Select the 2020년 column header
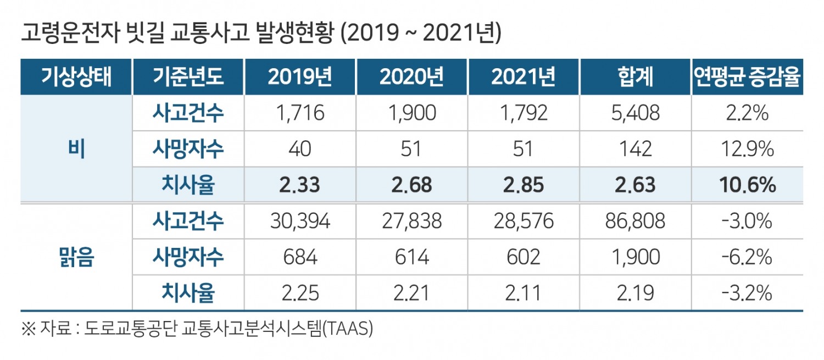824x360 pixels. point(411,77)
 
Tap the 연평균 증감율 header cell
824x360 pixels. point(747,77)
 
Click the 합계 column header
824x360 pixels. point(636,77)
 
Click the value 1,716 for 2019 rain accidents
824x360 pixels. point(300,113)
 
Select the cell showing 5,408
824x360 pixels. point(636,113)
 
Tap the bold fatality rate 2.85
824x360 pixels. point(523,185)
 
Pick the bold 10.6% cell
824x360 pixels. point(747,185)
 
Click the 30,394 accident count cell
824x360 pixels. point(300,221)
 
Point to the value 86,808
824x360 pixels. point(636,221)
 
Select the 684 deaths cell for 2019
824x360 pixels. point(300,257)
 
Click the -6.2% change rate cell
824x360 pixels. point(747,257)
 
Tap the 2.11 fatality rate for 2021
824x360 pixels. point(523,293)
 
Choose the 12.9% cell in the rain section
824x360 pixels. point(747,149)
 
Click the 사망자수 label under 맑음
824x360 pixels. point(188,257)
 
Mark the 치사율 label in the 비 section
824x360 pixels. point(188,185)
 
